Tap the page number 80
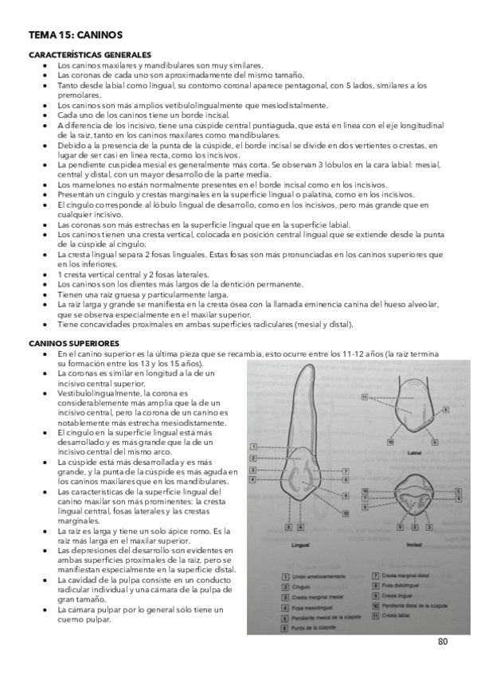[x=442, y=641]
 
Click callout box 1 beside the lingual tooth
[x=253, y=447]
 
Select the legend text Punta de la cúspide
[x=312, y=626]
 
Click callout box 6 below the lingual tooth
[x=299, y=526]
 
